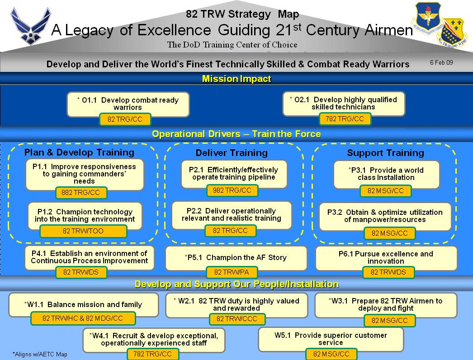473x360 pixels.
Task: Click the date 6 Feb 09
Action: (441, 63)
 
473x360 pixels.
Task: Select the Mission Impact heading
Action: (236, 79)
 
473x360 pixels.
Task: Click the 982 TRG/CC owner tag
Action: (232, 190)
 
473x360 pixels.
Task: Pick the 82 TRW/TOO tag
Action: (83, 231)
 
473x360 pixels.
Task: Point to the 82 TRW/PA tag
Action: (232, 272)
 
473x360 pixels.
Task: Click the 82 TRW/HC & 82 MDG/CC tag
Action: (83, 318)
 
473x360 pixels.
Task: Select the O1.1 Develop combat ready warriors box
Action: (128, 104)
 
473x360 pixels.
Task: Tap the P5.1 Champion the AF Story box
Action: (236, 257)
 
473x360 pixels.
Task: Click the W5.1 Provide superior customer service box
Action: (331, 339)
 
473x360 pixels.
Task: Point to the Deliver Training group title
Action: (232, 153)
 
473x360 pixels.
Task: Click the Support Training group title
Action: (385, 153)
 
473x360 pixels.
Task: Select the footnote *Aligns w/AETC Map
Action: (40, 354)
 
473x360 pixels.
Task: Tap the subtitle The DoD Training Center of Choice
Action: (232, 44)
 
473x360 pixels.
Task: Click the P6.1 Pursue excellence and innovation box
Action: (386, 257)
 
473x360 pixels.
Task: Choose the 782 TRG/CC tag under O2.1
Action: (345, 119)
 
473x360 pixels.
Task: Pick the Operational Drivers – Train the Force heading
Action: (236, 134)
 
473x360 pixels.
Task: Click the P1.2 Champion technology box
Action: (85, 215)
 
